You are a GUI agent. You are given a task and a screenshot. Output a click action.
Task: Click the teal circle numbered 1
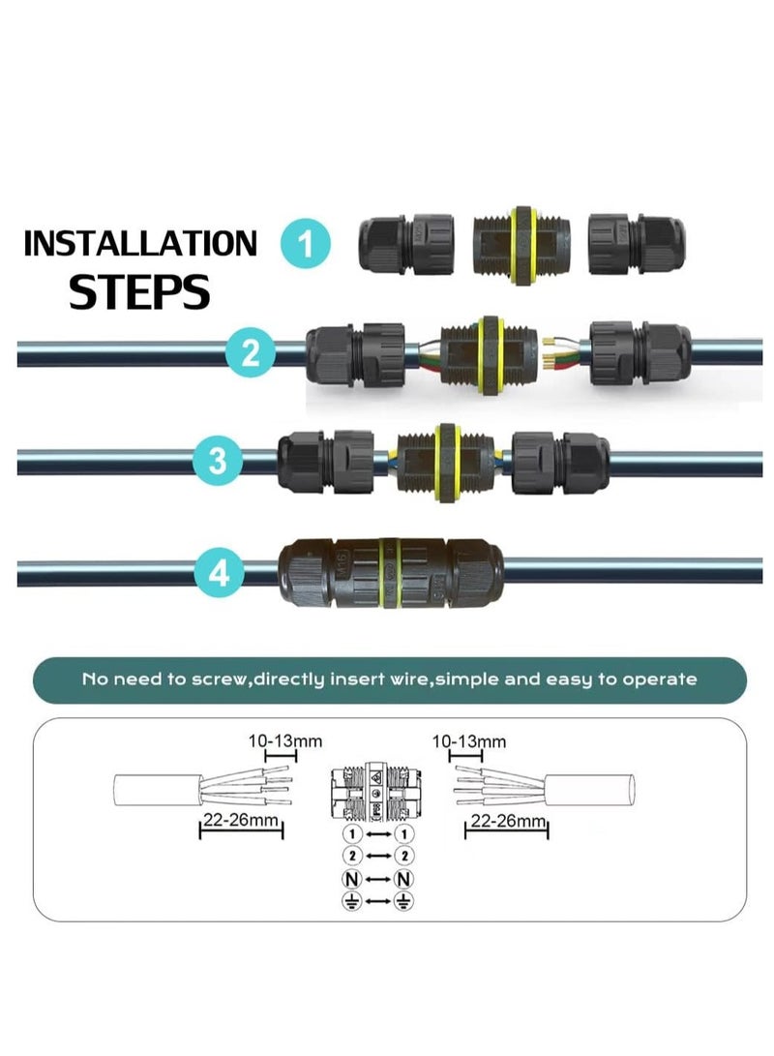pyautogui.click(x=306, y=244)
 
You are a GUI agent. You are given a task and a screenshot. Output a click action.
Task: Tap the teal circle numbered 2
pyautogui.click(x=251, y=350)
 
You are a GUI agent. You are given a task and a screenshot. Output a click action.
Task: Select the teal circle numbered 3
pyautogui.click(x=218, y=460)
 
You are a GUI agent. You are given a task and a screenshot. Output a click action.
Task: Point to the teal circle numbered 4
pyautogui.click(x=218, y=573)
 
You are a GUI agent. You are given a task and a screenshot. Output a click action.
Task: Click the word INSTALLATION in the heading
pyautogui.click(x=140, y=244)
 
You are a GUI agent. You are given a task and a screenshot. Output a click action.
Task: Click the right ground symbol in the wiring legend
pyautogui.click(x=405, y=902)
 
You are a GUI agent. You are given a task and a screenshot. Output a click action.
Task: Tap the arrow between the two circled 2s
pyautogui.click(x=379, y=857)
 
